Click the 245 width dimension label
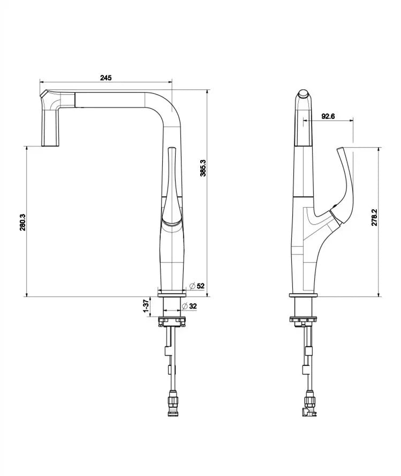click(x=105, y=78)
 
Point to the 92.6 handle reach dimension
click(x=328, y=116)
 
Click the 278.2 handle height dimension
click(x=374, y=217)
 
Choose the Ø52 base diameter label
click(x=198, y=286)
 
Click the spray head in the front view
click(x=51, y=120)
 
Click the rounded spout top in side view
click(x=304, y=96)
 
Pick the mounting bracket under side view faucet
click(x=303, y=320)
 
